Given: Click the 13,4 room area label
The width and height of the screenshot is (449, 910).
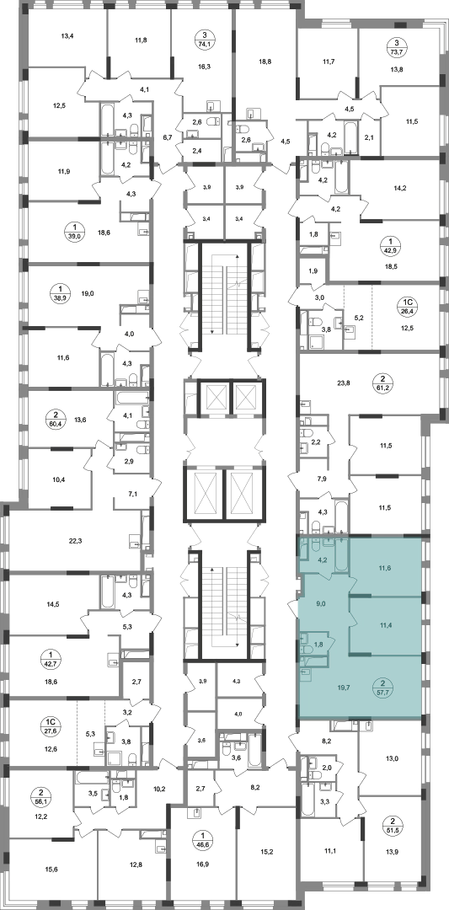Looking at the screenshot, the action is click(68, 35).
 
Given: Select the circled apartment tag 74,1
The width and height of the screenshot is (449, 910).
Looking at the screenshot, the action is click(203, 45).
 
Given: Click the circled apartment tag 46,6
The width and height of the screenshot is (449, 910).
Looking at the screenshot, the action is click(204, 840).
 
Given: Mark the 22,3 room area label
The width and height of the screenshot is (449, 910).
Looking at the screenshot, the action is click(76, 541).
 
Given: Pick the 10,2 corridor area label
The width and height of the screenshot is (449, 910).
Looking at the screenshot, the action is click(159, 789).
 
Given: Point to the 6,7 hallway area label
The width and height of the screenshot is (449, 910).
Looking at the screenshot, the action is click(168, 137).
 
